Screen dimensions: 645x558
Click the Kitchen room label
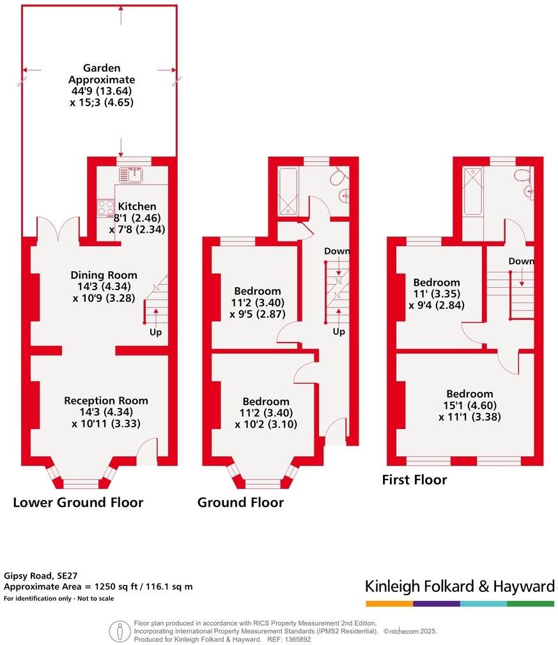pyautogui.click(x=137, y=206)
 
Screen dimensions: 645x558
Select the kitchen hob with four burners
pyautogui.click(x=105, y=207)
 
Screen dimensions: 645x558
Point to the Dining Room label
pyautogui.click(x=104, y=275)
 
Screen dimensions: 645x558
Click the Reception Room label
pyautogui.click(x=105, y=401)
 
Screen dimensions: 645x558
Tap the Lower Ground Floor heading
pyautogui.click(x=78, y=502)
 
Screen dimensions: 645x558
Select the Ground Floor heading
pyautogui.click(x=240, y=502)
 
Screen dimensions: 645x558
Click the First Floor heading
pyautogui.click(x=414, y=479)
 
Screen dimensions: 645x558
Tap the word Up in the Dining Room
pyautogui.click(x=155, y=332)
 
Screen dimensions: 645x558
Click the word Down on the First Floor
pyautogui.click(x=522, y=261)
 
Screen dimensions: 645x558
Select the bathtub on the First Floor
pyautogui.click(x=474, y=190)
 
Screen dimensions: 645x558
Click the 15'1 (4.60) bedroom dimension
pyautogui.click(x=470, y=405)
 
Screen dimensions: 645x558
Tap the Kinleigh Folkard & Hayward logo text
pyautogui.click(x=460, y=586)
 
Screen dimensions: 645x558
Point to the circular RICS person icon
pyautogui.click(x=120, y=631)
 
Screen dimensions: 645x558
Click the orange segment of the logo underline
pyautogui.click(x=389, y=603)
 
